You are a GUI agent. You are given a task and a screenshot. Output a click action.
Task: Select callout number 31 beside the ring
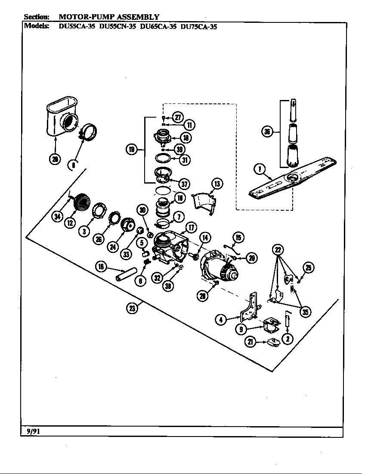click(x=186, y=159)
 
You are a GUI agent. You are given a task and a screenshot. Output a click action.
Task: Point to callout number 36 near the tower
click(x=268, y=132)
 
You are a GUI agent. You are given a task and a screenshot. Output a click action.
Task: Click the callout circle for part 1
click(x=260, y=169)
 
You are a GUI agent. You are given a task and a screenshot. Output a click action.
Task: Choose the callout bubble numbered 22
click(x=278, y=249)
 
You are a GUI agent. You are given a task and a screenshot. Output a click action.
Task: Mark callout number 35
click(x=305, y=312)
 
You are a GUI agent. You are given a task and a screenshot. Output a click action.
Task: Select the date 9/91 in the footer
click(x=34, y=431)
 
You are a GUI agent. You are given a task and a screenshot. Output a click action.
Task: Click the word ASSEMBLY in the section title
click(x=137, y=17)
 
